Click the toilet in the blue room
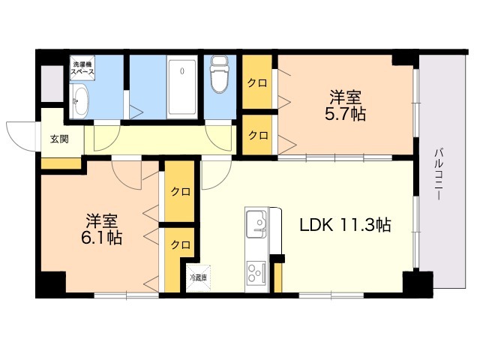220,73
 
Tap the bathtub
182,88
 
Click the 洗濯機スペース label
82,68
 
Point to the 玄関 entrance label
59,139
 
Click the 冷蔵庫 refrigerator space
198,278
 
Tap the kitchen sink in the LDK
256,223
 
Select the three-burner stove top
256,271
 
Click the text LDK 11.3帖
345,225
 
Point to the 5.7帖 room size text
345,115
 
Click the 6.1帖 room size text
101,238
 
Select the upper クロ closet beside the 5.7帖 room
257,82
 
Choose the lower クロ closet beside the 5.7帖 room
257,135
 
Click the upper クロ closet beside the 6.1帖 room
180,192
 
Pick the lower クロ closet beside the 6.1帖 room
180,245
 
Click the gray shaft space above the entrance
52,83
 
